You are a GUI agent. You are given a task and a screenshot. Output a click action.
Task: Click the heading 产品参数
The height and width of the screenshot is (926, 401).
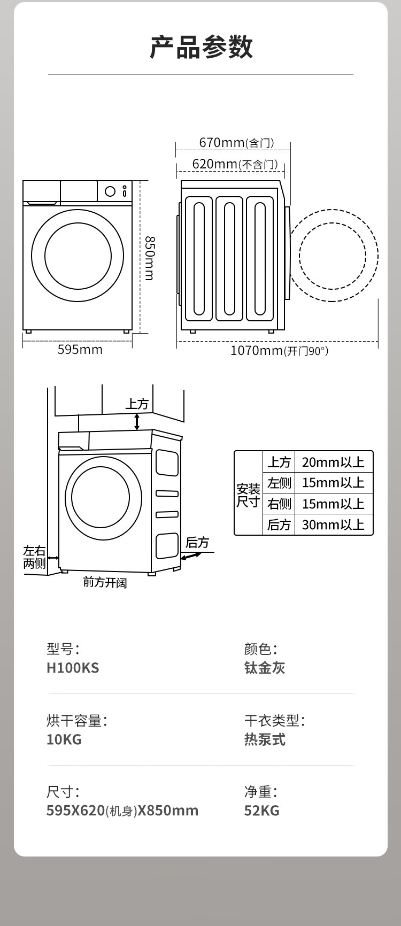pos(201,47)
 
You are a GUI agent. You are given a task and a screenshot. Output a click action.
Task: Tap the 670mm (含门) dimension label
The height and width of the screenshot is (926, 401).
pos(236,143)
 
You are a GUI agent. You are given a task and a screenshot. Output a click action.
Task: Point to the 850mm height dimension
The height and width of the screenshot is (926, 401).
pos(149,258)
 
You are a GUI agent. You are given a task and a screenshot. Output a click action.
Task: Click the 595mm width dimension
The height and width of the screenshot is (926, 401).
pos(80,350)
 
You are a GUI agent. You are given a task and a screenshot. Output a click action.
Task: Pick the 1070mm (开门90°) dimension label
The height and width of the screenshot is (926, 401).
pos(279,351)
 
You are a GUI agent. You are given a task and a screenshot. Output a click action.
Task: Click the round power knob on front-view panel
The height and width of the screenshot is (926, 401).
pos(110,191)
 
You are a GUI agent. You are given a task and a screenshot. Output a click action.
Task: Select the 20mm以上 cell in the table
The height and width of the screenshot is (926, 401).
pos(333,462)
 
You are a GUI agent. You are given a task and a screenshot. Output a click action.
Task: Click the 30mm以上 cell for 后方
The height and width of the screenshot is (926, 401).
pos(333,524)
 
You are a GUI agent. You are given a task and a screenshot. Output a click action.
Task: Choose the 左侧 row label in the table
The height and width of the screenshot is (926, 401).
pos(279,483)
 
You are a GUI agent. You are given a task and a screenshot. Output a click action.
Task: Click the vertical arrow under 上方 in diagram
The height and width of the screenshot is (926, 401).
pos(137,421)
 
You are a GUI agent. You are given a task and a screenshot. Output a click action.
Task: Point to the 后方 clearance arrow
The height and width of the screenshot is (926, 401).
pos(191,556)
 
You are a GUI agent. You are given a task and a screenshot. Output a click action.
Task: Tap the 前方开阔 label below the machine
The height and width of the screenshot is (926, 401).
pos(105,582)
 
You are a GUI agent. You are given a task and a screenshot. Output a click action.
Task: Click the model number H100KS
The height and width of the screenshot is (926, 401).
pos(73,668)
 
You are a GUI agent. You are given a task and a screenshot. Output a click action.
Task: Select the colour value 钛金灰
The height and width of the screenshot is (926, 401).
pos(265,668)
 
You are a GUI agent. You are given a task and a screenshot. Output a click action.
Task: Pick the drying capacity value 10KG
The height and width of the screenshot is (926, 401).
pos(64,739)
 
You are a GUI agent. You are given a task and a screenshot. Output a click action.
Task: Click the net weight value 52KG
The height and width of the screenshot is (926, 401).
pos(261,811)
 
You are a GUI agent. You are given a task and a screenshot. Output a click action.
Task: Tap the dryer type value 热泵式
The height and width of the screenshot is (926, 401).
pos(265,739)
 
